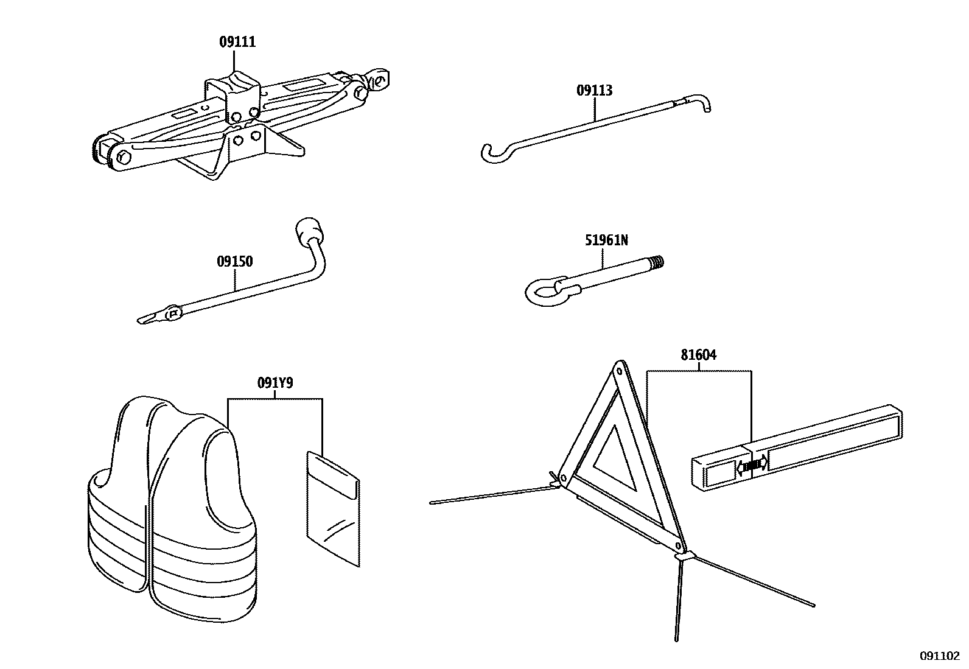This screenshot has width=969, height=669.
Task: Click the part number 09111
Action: [237, 42]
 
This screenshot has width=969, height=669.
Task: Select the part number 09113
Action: [594, 91]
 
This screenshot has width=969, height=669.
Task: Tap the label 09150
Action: [234, 262]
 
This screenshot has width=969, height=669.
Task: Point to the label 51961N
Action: [606, 240]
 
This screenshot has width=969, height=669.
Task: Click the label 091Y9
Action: [275, 384]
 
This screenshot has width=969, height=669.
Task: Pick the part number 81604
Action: [698, 355]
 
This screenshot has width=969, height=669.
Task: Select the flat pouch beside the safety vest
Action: [332, 510]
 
